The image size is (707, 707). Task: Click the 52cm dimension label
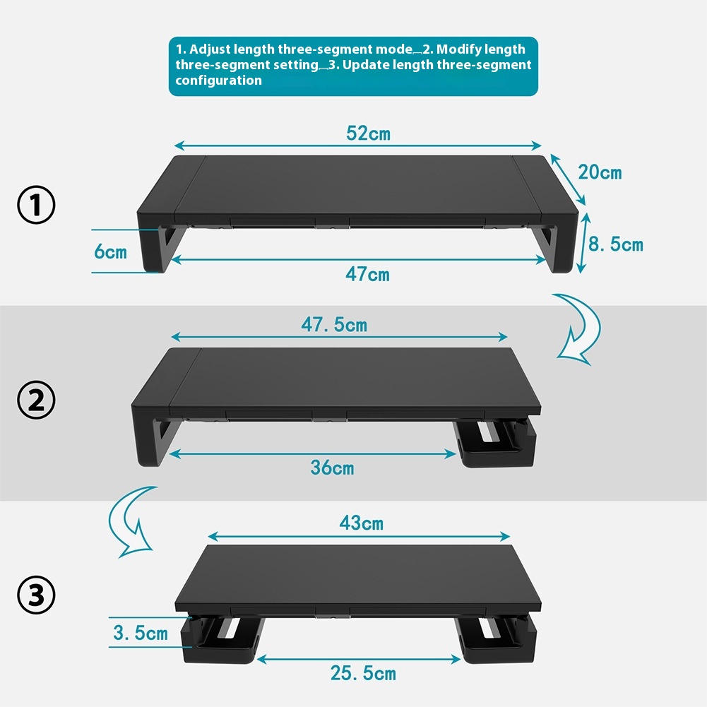(x=368, y=133)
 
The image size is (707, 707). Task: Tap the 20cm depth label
(x=600, y=172)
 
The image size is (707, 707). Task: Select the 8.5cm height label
(x=616, y=244)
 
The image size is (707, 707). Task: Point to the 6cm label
(x=111, y=251)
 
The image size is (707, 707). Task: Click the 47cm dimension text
(x=367, y=274)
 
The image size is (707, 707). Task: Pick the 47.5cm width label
(x=334, y=325)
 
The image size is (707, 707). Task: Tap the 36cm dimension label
(x=332, y=467)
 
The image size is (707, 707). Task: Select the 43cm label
(x=361, y=523)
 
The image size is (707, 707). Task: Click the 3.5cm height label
(x=141, y=632)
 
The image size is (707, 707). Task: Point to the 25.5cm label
(x=363, y=673)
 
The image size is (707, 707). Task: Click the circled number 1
(x=36, y=206)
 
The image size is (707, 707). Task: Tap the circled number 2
(x=36, y=400)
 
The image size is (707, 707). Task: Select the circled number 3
(x=36, y=595)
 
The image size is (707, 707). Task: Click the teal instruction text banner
(x=353, y=66)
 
